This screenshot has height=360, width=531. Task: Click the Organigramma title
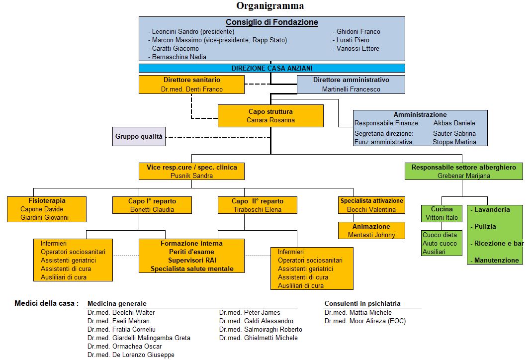(270, 6)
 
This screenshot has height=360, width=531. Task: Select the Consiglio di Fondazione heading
(271, 22)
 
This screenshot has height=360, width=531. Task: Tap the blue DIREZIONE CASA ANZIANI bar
(271, 68)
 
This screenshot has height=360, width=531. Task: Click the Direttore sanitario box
(191, 85)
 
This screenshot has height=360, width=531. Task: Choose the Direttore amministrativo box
(351, 85)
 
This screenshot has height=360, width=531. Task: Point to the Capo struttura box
(270, 115)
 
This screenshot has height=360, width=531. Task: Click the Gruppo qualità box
(139, 136)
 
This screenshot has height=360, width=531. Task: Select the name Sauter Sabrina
(454, 133)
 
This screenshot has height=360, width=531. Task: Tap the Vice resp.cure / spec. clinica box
(191, 171)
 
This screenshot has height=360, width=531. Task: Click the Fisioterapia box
(47, 209)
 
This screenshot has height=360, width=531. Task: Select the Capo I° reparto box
(152, 205)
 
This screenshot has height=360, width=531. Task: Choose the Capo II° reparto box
(257, 205)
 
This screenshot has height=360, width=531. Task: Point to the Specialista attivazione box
(371, 205)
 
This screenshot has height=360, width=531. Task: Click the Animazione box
(371, 230)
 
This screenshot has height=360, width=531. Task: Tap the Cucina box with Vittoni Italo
(442, 213)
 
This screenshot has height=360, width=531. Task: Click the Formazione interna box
(191, 256)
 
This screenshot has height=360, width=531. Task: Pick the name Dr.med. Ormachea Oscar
(124, 346)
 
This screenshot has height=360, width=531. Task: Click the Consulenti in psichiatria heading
(362, 303)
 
